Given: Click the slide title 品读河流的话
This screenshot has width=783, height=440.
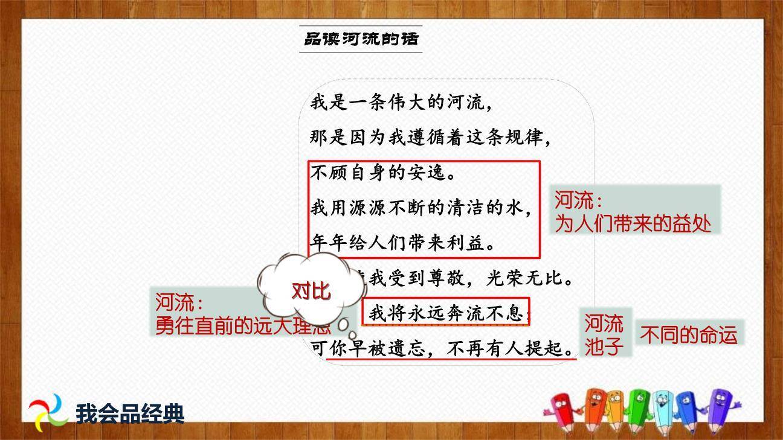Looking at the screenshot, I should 361,40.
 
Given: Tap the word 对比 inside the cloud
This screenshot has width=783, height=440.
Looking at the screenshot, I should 311,291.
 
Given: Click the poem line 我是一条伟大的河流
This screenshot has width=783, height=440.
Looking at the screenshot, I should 401,103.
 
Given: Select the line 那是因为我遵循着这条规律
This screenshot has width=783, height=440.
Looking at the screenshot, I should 430,138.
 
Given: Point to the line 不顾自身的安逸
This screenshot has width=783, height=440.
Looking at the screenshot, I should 382,174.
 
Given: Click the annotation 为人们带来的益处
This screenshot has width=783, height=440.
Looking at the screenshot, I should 633,224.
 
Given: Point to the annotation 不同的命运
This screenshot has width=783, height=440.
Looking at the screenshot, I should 689,335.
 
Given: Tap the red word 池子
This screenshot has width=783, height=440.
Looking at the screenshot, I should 604,347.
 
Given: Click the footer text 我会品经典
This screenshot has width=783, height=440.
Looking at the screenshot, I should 130,413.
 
